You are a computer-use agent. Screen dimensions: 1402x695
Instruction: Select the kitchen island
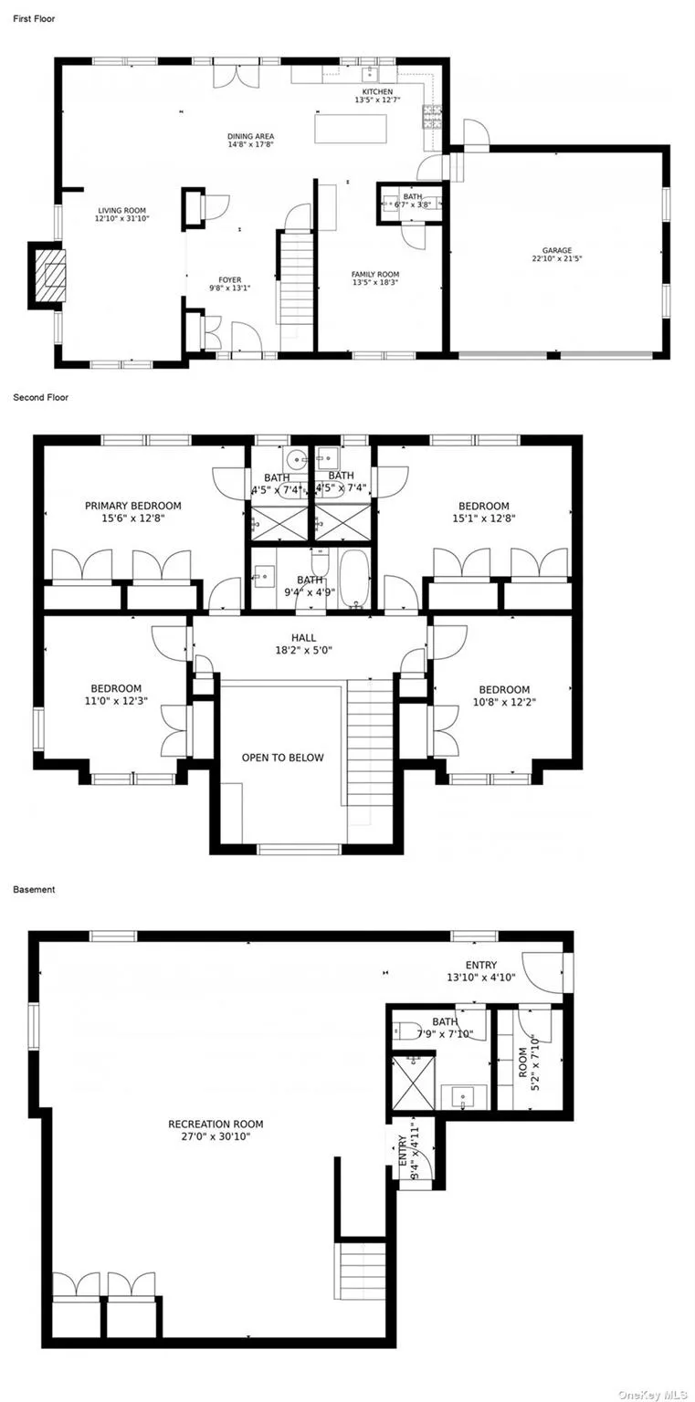351,129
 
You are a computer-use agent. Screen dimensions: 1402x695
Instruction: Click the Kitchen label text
377,92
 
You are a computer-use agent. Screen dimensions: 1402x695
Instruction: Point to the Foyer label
229,280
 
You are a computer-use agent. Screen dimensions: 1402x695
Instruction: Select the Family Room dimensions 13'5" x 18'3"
375,283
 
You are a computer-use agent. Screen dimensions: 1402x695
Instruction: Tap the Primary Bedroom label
132,506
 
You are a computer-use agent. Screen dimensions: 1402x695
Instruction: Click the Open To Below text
282,758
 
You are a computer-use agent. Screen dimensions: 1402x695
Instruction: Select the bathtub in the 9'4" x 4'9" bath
353,578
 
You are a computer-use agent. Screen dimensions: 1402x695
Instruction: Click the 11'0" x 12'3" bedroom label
116,689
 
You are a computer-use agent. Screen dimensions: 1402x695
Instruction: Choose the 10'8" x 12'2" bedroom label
504,690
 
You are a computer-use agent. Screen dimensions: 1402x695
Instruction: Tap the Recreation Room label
216,1125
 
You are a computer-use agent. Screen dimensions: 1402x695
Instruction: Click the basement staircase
363,1276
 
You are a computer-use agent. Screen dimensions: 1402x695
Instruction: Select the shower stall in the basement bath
413,1083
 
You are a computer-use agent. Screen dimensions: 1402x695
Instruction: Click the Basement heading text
34,889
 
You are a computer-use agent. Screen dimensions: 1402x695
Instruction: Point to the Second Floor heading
40,398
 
